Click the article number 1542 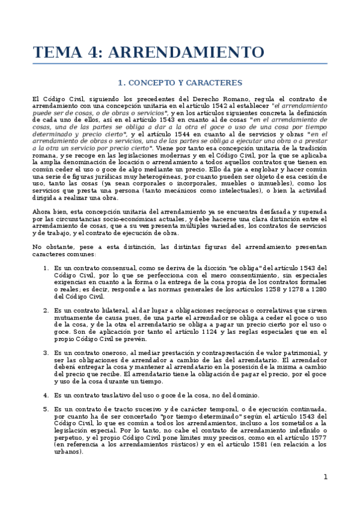197,105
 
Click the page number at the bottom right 325,477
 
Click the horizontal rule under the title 180,64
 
